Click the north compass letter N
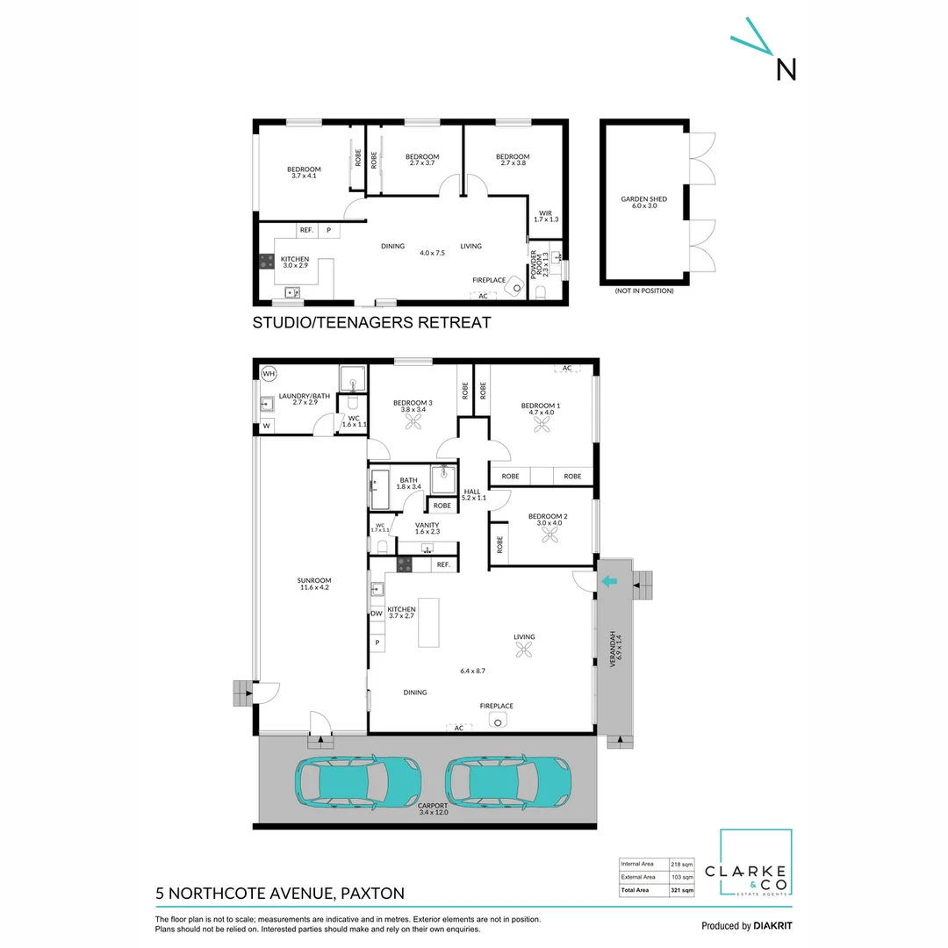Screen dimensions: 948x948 tap(786, 68)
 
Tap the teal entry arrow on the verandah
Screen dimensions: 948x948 tap(608, 580)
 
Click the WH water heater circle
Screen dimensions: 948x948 tap(269, 374)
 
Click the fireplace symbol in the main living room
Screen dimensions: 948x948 tap(497, 722)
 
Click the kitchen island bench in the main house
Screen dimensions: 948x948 tap(428, 622)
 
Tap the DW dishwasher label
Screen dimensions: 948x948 tap(377, 614)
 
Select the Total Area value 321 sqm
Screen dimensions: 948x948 tap(682, 890)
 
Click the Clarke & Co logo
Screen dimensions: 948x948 tap(756, 864)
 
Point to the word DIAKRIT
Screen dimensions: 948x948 tap(776, 926)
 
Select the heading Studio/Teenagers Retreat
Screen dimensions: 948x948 tap(371, 323)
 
